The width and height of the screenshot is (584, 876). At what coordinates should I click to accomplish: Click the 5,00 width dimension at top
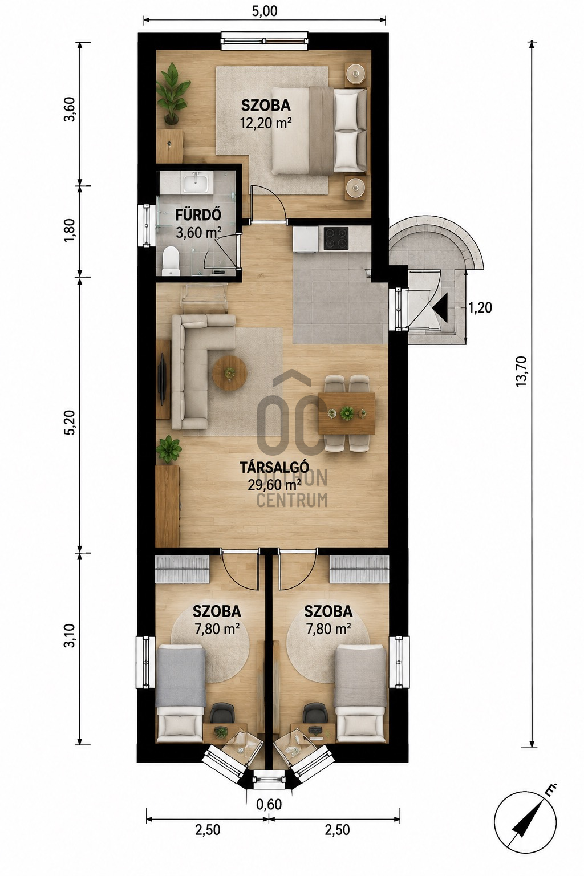point(265,11)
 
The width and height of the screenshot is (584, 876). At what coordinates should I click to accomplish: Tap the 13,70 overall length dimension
point(522,371)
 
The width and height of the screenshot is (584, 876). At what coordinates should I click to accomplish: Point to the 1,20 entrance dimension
point(480,308)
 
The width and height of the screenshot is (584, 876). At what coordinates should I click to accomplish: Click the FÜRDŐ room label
point(198,215)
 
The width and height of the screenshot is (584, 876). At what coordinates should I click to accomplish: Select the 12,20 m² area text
point(266,124)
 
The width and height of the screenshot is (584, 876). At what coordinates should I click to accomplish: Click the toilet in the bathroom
point(171,259)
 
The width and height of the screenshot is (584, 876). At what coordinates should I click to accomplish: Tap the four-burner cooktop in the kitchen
point(336,238)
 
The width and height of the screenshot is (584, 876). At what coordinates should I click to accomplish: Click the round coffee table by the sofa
point(229,373)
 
